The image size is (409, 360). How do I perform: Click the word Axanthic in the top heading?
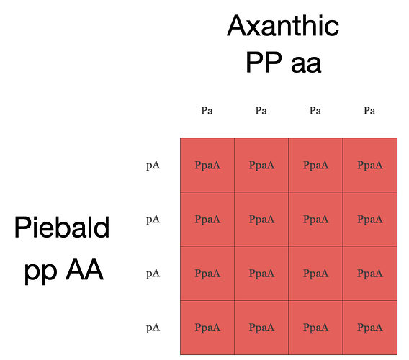[x=283, y=26]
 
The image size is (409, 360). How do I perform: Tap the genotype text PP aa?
[x=284, y=63]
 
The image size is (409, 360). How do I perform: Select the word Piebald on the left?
[x=62, y=227]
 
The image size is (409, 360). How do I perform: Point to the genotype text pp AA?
[x=64, y=270]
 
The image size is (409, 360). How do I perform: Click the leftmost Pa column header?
[x=207, y=111]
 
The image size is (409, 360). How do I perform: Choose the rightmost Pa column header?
[x=369, y=111]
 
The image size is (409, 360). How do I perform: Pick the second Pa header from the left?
[x=261, y=111]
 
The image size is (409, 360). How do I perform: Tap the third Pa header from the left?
[x=315, y=111]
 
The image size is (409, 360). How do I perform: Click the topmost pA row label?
[x=153, y=166]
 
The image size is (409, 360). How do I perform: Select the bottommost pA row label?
[x=153, y=328]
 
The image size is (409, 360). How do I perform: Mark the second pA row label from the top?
[x=153, y=220]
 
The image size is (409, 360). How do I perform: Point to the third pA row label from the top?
[x=153, y=274]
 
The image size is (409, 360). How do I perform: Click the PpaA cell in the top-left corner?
[x=207, y=165]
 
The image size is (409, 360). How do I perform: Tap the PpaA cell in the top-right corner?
[x=370, y=165]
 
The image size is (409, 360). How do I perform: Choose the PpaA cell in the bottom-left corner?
[x=207, y=328]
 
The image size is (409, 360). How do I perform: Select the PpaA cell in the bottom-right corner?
[x=370, y=328]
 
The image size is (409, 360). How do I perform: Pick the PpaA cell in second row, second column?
[x=261, y=219]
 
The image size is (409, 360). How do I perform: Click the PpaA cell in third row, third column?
[x=315, y=274]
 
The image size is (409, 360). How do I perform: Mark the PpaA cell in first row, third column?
[x=315, y=165]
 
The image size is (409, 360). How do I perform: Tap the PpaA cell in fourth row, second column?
[x=261, y=328]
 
